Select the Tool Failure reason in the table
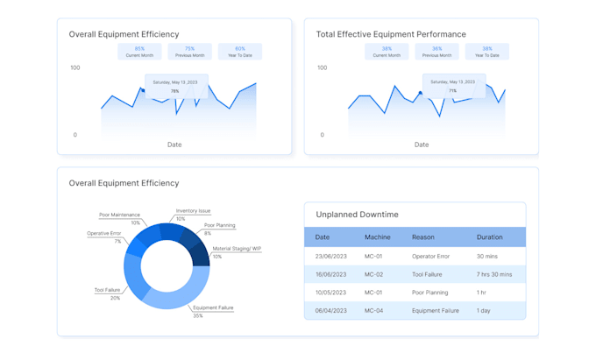tap(427, 274)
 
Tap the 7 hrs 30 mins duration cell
tap(494, 274)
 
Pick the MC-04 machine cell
tap(374, 310)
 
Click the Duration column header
tap(490, 237)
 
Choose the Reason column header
tap(423, 237)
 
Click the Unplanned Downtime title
tap(357, 215)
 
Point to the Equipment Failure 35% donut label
tap(213, 311)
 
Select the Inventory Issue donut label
tap(192, 214)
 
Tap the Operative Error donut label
tap(104, 236)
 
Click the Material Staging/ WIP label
tap(236, 251)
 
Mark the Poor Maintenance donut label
tap(119, 218)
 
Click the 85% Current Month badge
tap(139, 52)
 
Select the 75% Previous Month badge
tap(189, 52)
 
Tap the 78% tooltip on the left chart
tap(175, 86)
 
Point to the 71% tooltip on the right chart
tap(452, 86)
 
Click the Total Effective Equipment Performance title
tap(391, 34)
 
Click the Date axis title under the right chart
tap(422, 145)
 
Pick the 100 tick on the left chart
tap(74, 67)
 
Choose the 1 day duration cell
tap(484, 310)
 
